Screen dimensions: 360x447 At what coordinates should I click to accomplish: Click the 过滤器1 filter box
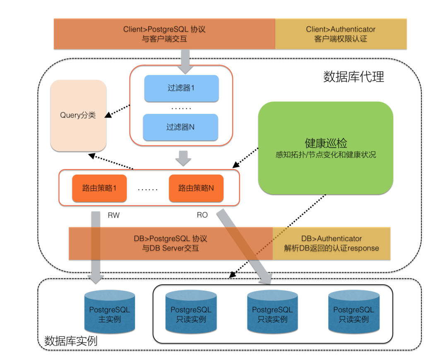[181, 88]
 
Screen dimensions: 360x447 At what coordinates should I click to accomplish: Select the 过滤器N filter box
[180, 127]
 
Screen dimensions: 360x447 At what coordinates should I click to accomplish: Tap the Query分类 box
[78, 115]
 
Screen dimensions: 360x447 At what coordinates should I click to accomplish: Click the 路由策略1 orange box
[99, 188]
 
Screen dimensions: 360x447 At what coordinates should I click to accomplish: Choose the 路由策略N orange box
[196, 188]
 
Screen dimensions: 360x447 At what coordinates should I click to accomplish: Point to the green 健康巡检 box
[325, 148]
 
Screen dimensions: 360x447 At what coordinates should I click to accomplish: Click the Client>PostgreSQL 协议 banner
[164, 34]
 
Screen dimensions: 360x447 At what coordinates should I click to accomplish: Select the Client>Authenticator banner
[341, 34]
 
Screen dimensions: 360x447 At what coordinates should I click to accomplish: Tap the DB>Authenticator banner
[331, 243]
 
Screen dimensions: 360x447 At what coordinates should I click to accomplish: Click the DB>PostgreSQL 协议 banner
[171, 243]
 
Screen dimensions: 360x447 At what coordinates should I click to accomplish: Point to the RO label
[202, 215]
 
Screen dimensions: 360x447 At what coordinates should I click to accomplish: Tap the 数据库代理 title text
[353, 77]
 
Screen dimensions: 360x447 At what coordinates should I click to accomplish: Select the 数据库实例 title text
[71, 341]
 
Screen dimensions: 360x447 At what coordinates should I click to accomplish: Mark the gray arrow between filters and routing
[183, 158]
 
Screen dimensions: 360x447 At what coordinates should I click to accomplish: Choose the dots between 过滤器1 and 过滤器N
[181, 108]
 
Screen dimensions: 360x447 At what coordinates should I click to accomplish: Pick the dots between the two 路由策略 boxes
[148, 189]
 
